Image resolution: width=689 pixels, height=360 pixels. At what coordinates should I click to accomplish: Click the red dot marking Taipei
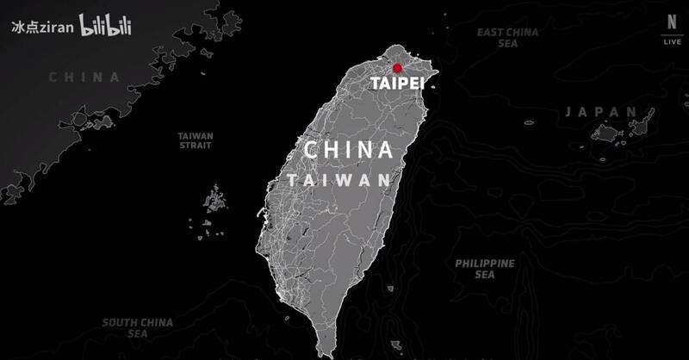[x=397, y=68]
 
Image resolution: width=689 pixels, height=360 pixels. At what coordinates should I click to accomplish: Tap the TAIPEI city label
[x=397, y=84]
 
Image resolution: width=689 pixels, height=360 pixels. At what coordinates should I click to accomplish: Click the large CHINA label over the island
[x=348, y=151]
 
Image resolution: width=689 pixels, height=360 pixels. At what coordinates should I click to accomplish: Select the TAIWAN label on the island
[x=340, y=181]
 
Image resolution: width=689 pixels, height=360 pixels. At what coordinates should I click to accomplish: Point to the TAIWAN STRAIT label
[x=196, y=141]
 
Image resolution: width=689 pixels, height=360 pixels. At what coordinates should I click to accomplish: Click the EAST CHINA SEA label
[x=508, y=38]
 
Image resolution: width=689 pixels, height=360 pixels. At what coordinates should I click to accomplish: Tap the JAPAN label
[x=602, y=112]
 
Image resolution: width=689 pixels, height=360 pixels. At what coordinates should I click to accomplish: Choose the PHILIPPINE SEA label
[x=486, y=269]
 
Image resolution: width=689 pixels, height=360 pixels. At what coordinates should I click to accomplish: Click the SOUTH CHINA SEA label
[x=138, y=328]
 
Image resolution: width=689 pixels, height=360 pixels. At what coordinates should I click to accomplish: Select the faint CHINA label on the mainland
[x=84, y=77]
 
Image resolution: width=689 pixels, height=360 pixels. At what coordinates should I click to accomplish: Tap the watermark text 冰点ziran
[x=41, y=27]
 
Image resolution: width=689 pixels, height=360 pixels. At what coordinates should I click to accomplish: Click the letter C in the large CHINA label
[x=311, y=151]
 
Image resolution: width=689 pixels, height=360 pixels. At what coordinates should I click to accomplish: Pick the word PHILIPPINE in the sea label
[x=486, y=263]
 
